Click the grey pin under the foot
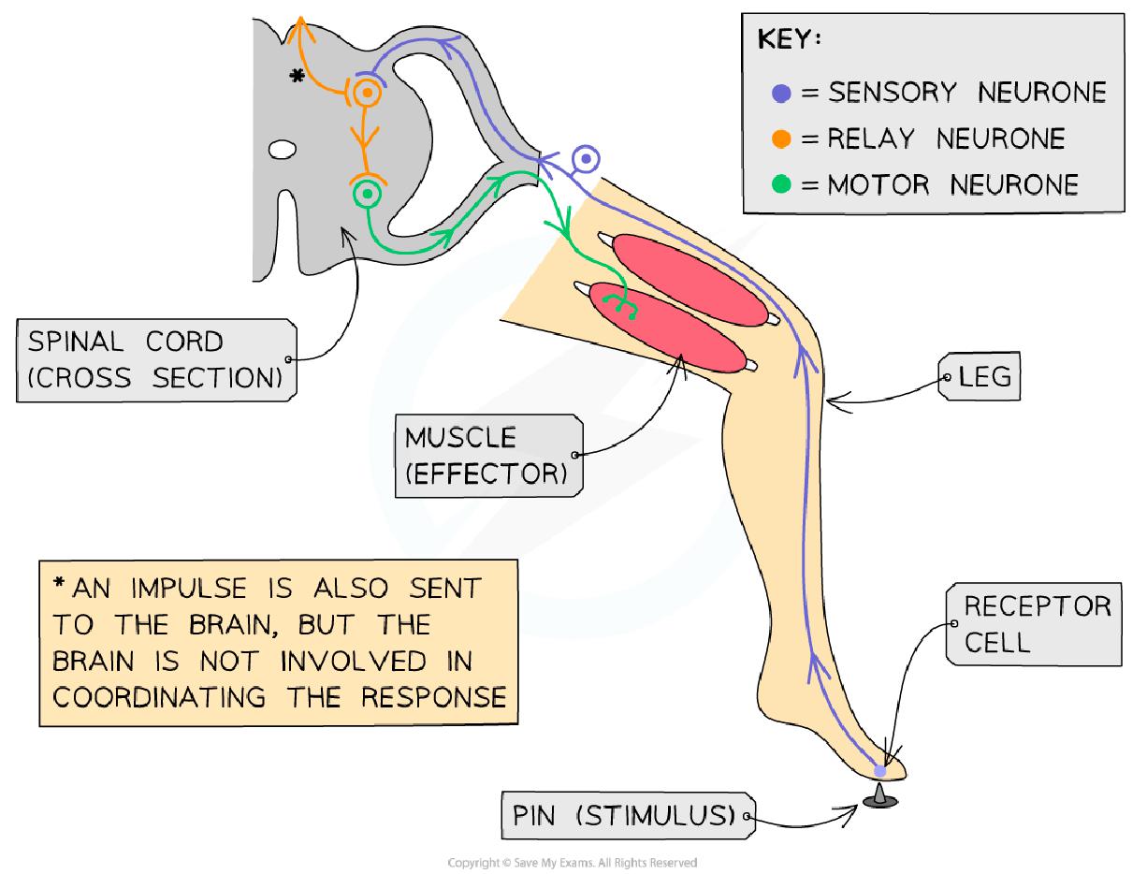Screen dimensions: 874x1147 click(x=879, y=798)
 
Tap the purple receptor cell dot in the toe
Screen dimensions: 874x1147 click(x=879, y=770)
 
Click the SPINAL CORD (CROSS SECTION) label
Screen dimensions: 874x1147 click(x=153, y=360)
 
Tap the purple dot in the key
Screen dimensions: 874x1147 click(x=783, y=93)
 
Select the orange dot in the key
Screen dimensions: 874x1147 click(x=783, y=139)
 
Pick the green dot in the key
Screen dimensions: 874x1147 click(x=783, y=184)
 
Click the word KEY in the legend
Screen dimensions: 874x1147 click(x=790, y=42)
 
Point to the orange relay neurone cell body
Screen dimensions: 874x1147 click(x=367, y=92)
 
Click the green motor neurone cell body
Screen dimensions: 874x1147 click(x=366, y=194)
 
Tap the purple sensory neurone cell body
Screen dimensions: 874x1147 click(x=587, y=160)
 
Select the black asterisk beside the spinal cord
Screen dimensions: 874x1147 click(x=298, y=77)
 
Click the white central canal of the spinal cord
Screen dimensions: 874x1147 click(x=283, y=149)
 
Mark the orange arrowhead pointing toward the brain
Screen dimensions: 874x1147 click(x=300, y=25)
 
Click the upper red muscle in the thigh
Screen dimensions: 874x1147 click(x=690, y=281)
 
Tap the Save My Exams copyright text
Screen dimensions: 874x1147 click(x=573, y=863)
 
